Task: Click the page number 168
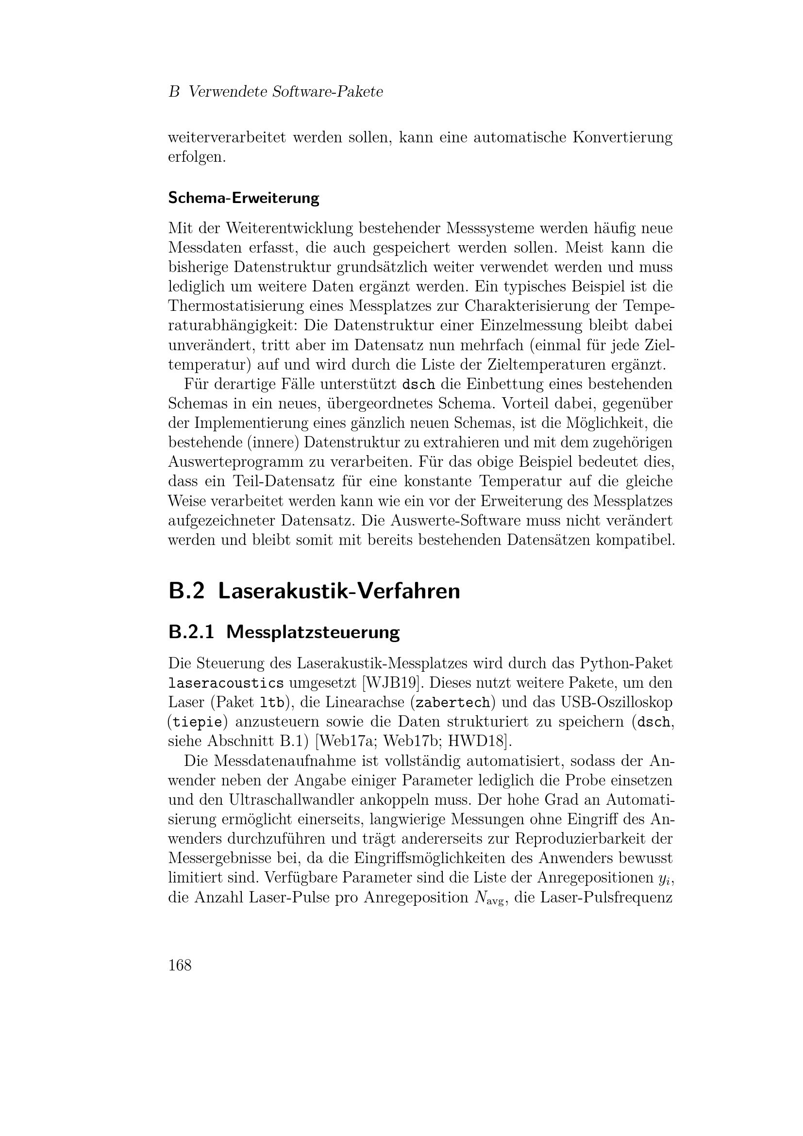tap(180, 966)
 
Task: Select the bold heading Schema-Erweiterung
tap(243, 198)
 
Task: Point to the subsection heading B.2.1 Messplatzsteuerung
tap(284, 632)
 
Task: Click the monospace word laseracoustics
tap(226, 684)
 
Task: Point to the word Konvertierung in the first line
tap(622, 137)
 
